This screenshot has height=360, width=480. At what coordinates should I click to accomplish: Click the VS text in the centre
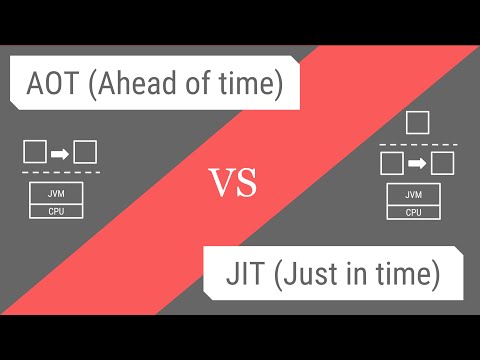pyautogui.click(x=233, y=183)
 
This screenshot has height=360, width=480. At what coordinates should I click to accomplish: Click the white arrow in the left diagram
pyautogui.click(x=59, y=153)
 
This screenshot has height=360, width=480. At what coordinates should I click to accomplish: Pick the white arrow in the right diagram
pyautogui.click(x=418, y=162)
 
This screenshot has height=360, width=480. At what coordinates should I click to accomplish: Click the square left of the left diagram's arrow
pyautogui.click(x=34, y=153)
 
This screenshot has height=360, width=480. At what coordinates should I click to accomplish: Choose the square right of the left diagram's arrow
pyautogui.click(x=85, y=153)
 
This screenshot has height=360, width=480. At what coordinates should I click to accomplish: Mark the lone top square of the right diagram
pyautogui.click(x=418, y=123)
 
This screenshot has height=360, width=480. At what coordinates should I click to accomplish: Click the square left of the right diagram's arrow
pyautogui.click(x=393, y=162)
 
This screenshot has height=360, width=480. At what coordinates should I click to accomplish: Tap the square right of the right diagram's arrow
pyautogui.click(x=443, y=162)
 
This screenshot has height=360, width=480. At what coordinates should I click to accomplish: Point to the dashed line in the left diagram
pyautogui.click(x=59, y=173)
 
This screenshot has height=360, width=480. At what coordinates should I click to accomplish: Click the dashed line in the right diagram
pyautogui.click(x=418, y=143)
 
